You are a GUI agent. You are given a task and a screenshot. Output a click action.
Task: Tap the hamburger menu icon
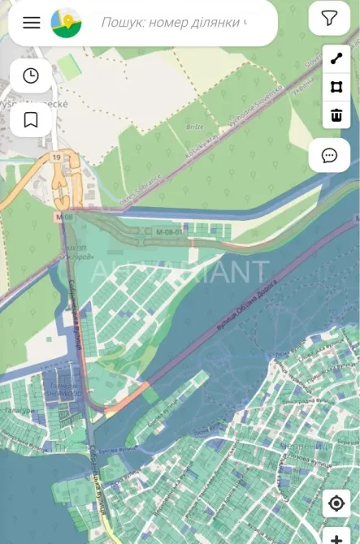click(32, 22)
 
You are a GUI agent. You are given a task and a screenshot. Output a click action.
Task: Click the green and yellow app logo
click(66, 22)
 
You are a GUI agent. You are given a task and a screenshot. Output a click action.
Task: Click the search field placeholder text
click(174, 22)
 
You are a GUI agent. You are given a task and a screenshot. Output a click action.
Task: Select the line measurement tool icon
click(336, 59)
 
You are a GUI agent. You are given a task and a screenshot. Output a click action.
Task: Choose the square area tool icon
click(336, 87)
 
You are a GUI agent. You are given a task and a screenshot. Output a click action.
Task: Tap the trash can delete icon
click(336, 114)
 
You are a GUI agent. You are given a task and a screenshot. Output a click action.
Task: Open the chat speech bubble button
click(329, 155)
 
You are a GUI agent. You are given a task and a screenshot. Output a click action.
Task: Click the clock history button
click(31, 76)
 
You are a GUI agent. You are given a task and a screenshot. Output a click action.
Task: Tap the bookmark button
click(31, 120)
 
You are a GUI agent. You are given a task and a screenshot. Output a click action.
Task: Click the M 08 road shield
click(65, 218)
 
